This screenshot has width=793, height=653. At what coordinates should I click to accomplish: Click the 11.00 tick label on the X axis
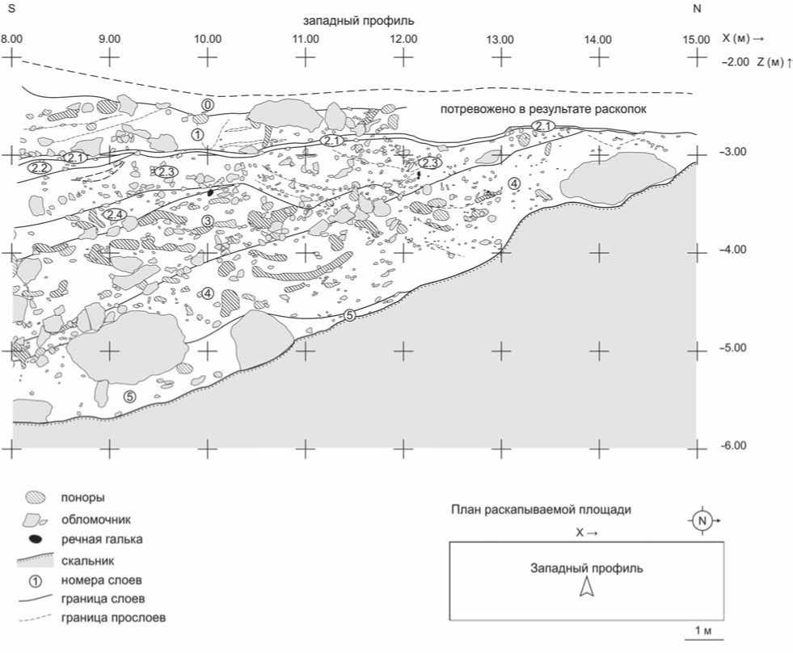[306, 39]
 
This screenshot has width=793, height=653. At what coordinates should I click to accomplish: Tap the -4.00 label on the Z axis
[732, 250]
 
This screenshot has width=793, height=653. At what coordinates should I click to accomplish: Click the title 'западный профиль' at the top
[359, 21]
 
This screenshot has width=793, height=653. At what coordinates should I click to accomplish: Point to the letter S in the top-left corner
[11, 9]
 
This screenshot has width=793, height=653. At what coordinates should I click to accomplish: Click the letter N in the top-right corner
[697, 9]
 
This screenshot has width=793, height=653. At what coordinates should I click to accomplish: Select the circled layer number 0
[208, 105]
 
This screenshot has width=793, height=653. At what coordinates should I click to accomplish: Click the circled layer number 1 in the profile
[197, 134]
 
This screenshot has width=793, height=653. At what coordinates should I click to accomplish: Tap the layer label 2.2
[39, 167]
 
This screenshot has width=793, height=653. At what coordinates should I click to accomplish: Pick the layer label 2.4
[114, 214]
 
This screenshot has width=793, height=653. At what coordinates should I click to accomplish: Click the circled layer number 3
[207, 221]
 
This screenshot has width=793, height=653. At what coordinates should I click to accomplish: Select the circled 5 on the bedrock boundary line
[350, 315]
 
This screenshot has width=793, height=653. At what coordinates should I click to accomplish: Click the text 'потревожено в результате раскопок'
[543, 109]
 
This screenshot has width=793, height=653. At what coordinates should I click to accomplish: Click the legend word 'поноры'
[82, 497]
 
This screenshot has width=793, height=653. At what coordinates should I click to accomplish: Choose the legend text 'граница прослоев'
[113, 617]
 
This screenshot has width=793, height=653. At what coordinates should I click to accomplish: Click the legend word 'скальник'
[87, 560]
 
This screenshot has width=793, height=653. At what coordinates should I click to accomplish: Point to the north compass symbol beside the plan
[702, 520]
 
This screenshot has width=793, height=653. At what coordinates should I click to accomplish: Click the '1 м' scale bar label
[703, 630]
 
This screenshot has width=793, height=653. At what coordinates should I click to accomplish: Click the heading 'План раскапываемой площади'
[541, 509]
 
